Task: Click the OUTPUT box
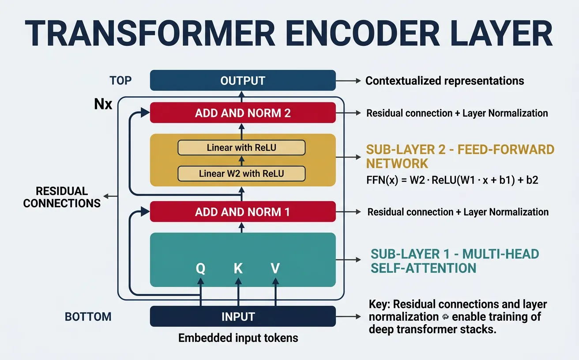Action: pyautogui.click(x=243, y=81)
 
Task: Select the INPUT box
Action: pyautogui.click(x=243, y=316)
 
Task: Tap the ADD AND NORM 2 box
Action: pyautogui.click(x=243, y=113)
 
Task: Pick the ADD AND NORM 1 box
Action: pyautogui.click(x=243, y=212)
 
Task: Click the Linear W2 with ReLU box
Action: pyautogui.click(x=241, y=173)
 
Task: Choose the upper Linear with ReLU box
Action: pyautogui.click(x=241, y=148)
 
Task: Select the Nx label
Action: pyautogui.click(x=104, y=105)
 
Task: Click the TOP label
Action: pyautogui.click(x=120, y=81)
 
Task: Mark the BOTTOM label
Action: pyautogui.click(x=88, y=317)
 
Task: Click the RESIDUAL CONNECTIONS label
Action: pyautogui.click(x=62, y=197)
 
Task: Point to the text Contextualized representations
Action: pyautogui.click(x=445, y=81)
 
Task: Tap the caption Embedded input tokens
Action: pyautogui.click(x=238, y=338)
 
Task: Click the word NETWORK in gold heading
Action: pyautogui.click(x=397, y=164)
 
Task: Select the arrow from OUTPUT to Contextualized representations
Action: pyautogui.click(x=349, y=81)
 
